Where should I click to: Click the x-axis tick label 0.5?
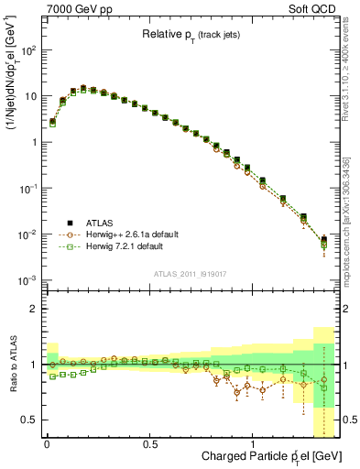point(149,443)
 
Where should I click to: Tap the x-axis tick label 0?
point(47,443)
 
